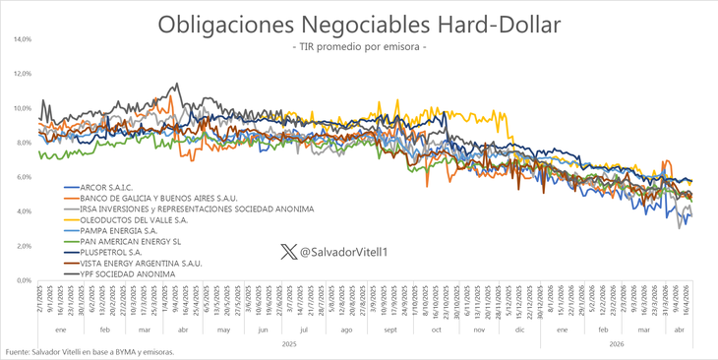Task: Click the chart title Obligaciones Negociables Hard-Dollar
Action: [x=358, y=25]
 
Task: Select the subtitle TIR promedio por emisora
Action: [x=358, y=48]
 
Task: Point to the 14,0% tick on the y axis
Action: [x=22, y=39]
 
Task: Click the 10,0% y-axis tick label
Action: [x=22, y=108]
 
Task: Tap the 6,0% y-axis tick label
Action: [x=23, y=177]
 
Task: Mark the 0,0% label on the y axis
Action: [x=23, y=280]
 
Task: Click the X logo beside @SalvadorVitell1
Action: [x=287, y=252]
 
